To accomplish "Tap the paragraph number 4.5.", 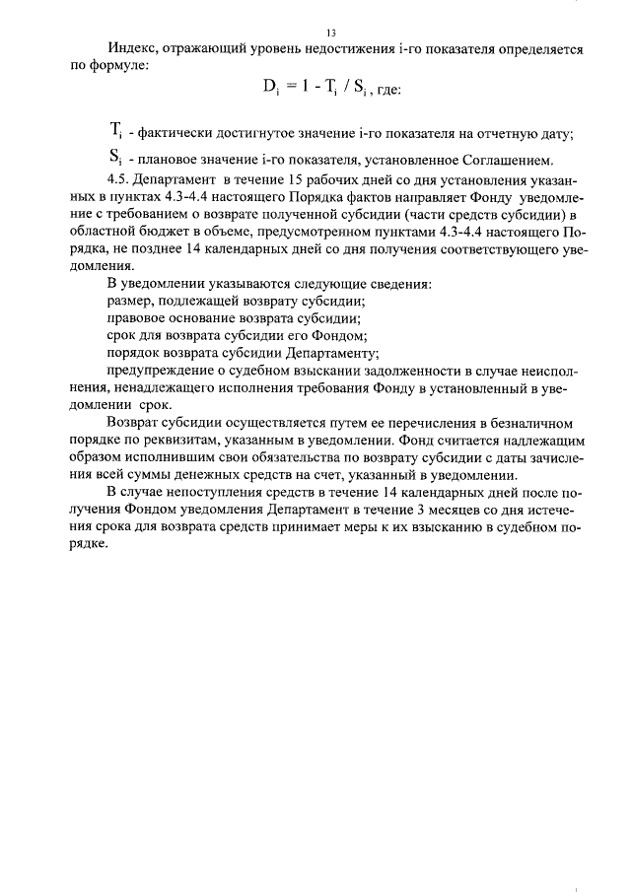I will tap(117, 179).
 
